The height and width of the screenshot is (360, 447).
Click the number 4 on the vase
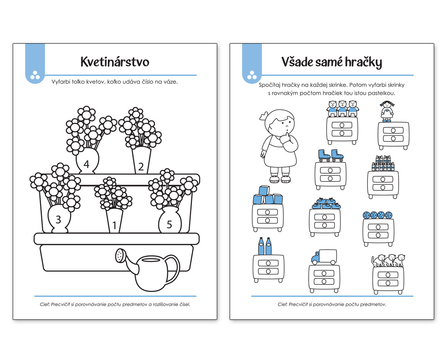(86, 164)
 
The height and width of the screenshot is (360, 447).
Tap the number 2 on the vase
(141, 166)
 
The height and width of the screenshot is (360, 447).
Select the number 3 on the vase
(58, 219)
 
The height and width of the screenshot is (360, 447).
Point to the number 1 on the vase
(114, 225)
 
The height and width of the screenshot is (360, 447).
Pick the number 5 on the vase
(169, 224)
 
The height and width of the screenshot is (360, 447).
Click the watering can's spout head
(121, 255)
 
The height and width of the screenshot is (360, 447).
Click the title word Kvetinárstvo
(115, 62)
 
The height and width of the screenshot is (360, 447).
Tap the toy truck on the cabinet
(324, 257)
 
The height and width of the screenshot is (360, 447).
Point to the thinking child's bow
(263, 116)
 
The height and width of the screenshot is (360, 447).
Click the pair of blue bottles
(265, 246)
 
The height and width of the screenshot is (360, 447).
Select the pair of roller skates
(331, 156)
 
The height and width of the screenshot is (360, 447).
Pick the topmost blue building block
(264, 190)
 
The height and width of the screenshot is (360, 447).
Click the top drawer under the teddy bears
(342, 125)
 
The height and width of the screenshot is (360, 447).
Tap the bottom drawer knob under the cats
(388, 283)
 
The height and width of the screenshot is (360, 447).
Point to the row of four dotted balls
(378, 215)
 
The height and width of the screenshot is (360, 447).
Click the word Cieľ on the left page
(44, 305)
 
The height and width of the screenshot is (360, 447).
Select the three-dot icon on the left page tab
(35, 75)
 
